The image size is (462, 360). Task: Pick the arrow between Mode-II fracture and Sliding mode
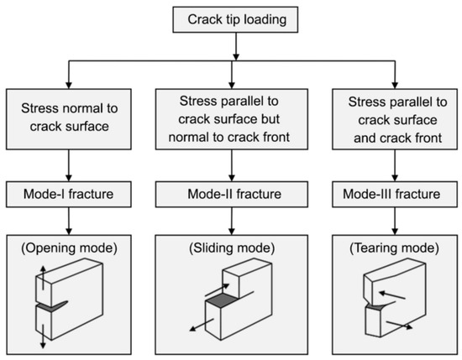coord(230,225)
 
